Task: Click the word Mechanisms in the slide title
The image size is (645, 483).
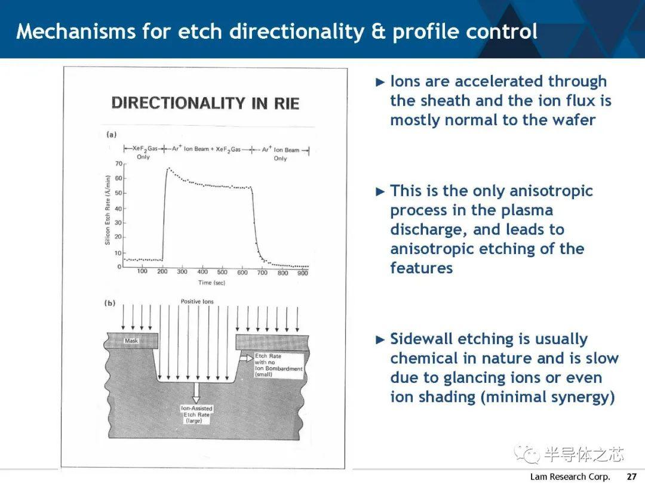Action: [76, 31]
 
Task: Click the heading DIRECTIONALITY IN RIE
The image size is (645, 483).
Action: [205, 103]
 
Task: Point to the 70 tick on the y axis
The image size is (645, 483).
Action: [118, 164]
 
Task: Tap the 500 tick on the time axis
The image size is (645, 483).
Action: [222, 272]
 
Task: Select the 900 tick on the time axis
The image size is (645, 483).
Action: [303, 273]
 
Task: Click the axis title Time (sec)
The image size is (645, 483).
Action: [211, 283]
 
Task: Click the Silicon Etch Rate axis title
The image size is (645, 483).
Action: [107, 210]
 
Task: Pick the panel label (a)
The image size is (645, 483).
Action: [112, 134]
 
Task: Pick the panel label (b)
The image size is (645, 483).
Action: [110, 303]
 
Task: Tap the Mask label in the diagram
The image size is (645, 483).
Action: [131, 340]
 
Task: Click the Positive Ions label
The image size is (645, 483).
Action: [197, 302]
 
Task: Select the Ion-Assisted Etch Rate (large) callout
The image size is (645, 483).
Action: [196, 414]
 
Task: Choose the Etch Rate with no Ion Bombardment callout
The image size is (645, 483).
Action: [278, 365]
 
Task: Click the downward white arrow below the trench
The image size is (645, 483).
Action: [196, 392]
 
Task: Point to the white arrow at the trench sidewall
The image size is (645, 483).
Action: [247, 358]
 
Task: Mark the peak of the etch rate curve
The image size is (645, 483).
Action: [168, 168]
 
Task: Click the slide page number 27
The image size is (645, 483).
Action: [631, 476]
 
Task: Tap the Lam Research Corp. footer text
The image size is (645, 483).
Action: [570, 476]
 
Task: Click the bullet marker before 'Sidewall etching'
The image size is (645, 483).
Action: [380, 340]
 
